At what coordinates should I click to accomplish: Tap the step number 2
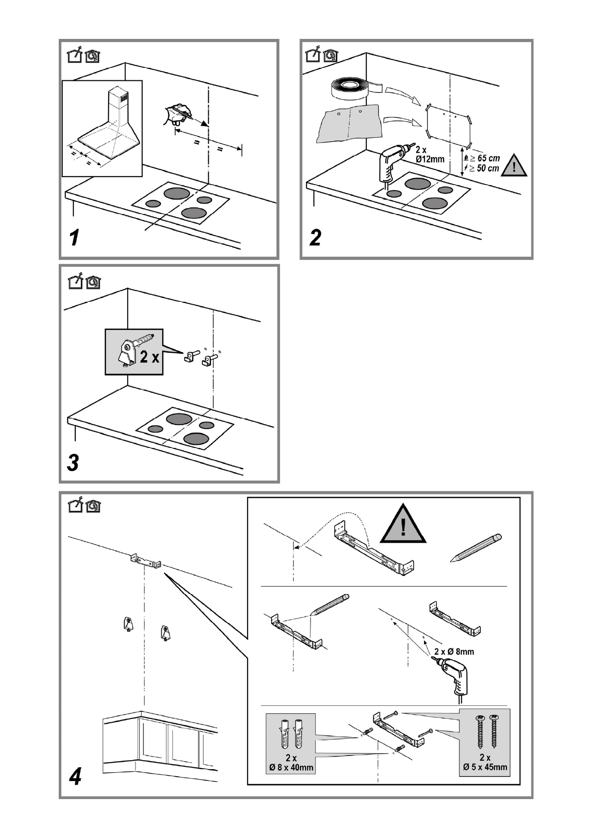pyautogui.click(x=315, y=238)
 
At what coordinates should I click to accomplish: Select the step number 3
pyautogui.click(x=73, y=462)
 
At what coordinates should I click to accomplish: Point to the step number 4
pyautogui.click(x=75, y=776)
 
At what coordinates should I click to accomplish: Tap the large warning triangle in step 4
pyautogui.click(x=403, y=524)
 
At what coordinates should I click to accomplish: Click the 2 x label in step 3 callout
pyautogui.click(x=150, y=357)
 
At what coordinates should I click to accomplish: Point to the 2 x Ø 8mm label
pyautogui.click(x=454, y=651)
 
